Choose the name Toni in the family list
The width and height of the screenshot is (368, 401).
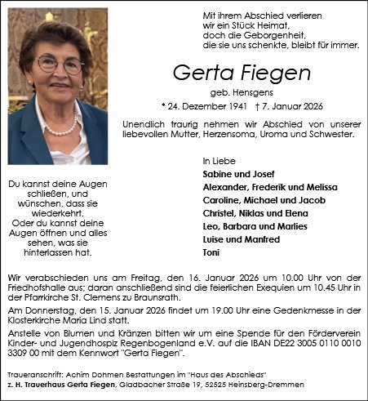pyautogui.click(x=211, y=252)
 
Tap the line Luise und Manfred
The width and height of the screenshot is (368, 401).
pyautogui.click(x=241, y=239)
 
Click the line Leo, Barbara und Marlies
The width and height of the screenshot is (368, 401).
pyautogui.click(x=254, y=226)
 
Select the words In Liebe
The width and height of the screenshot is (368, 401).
pyautogui.click(x=216, y=161)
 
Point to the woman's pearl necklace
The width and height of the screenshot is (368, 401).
pyautogui.click(x=64, y=127)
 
